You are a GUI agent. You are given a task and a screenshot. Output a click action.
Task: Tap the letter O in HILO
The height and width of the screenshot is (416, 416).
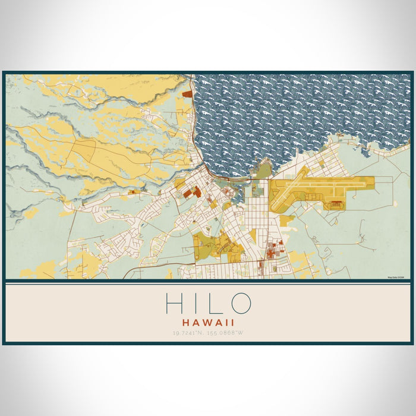239,303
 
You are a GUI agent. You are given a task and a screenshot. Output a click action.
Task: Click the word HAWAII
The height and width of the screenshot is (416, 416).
208,322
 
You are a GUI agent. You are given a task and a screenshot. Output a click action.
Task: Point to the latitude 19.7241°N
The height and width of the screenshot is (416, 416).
187,332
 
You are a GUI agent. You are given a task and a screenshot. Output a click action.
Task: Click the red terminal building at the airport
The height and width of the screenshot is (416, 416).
336,204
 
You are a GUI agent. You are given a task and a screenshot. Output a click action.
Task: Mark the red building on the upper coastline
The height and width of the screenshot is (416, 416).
188,93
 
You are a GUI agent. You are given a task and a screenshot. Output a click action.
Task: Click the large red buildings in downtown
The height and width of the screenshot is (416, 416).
193,191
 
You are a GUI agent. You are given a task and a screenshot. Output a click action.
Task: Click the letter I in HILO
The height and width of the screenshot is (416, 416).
196,303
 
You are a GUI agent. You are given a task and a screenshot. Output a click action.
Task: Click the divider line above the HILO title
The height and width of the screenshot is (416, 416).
208,281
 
